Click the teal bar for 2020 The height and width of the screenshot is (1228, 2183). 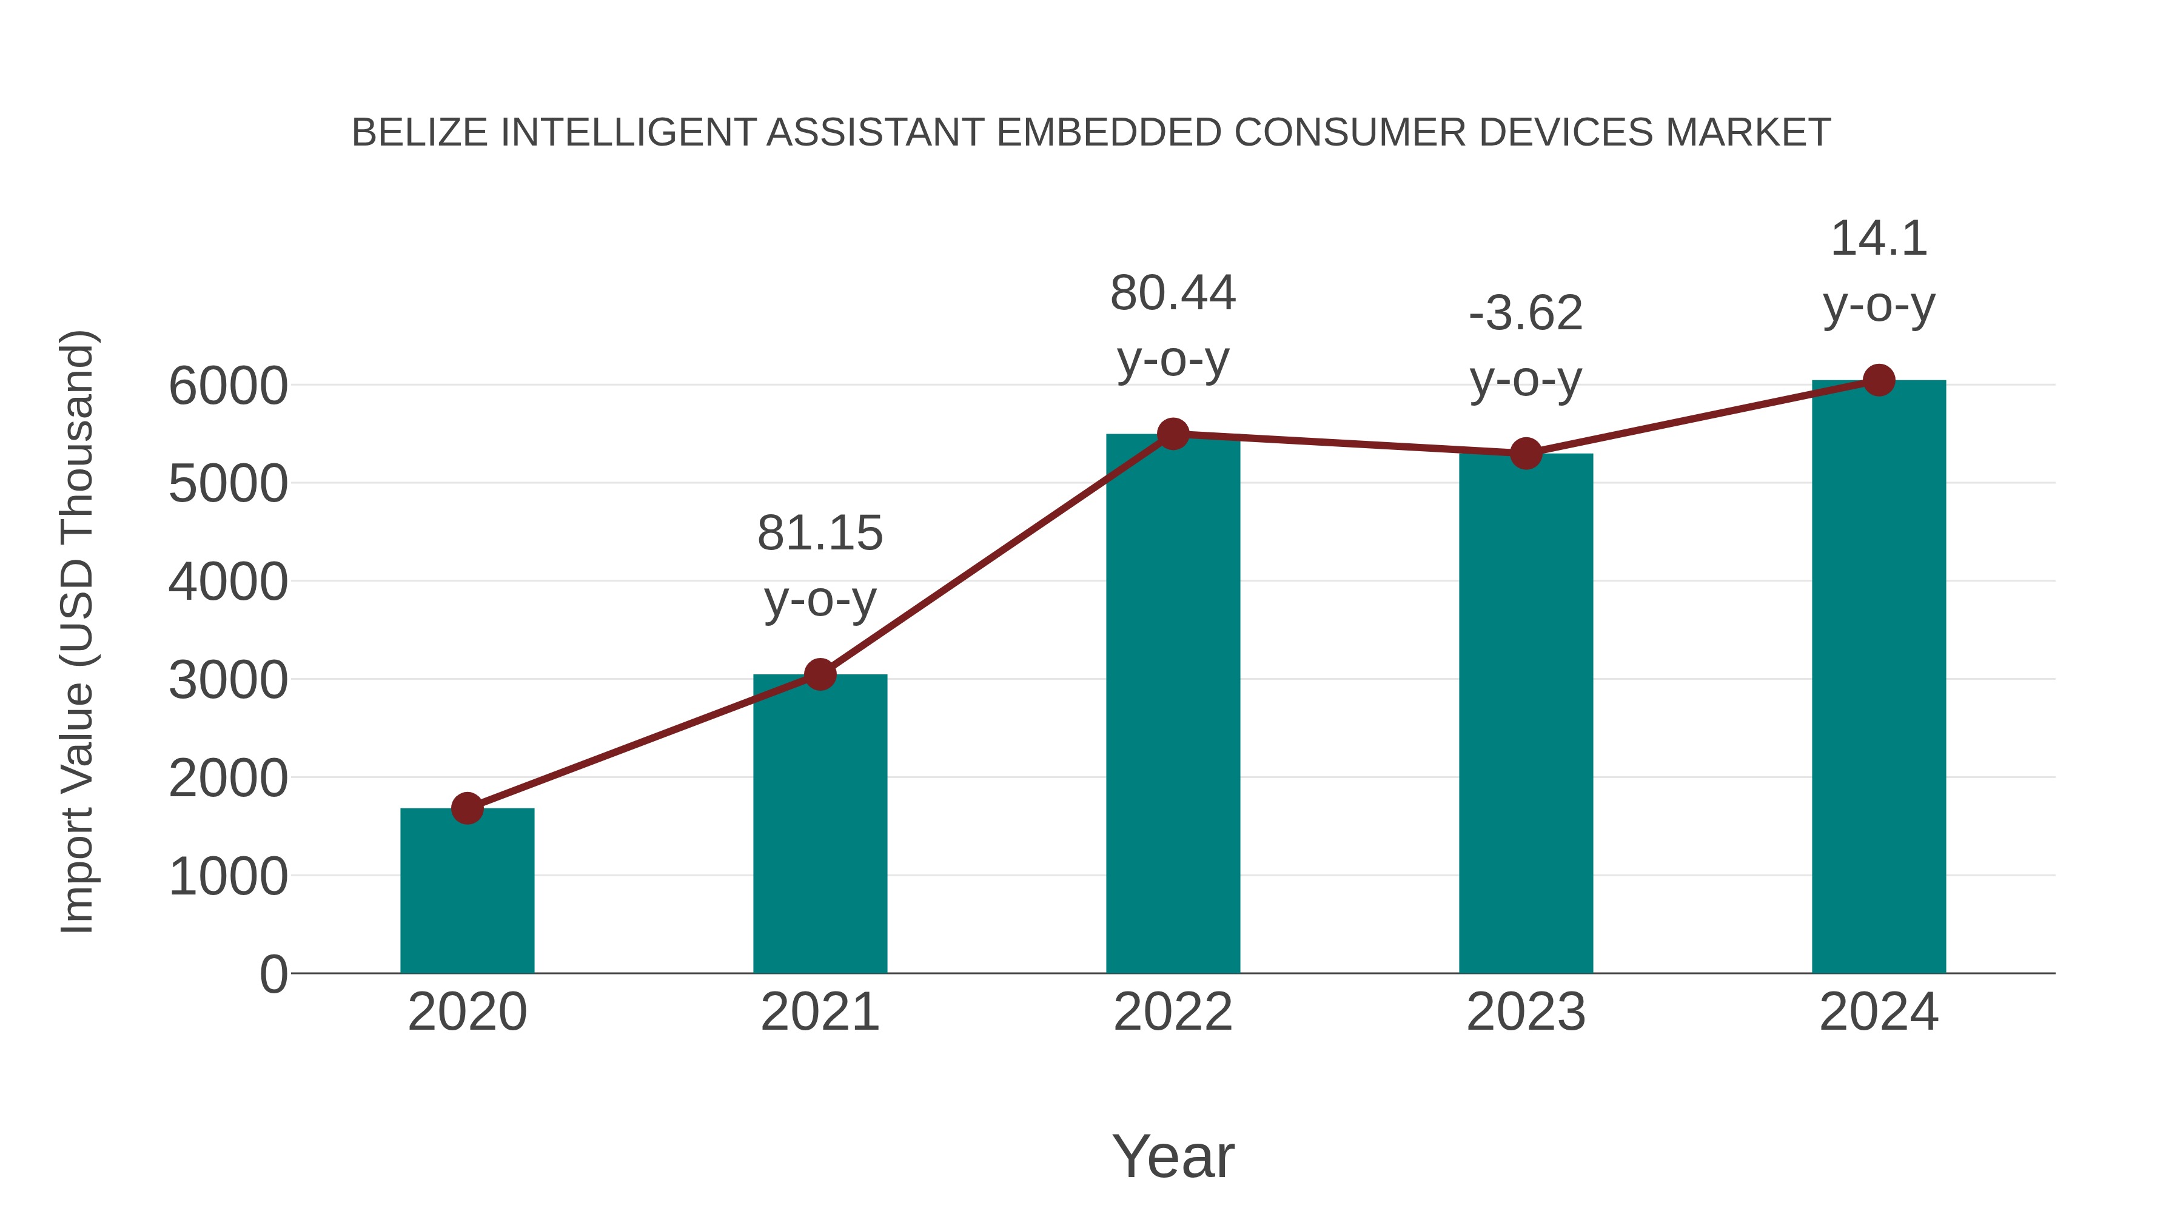[x=467, y=891]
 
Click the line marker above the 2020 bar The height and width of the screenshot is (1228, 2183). [x=467, y=808]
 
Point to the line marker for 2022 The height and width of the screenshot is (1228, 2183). [x=1173, y=434]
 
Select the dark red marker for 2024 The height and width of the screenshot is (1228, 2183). [x=1879, y=380]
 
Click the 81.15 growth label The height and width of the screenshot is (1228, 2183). [x=819, y=533]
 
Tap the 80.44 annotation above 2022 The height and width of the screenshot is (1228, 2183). [x=1173, y=294]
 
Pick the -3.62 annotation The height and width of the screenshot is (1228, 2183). [x=1526, y=314]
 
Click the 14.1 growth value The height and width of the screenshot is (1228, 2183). [x=1879, y=238]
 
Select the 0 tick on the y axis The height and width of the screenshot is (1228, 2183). [x=273, y=975]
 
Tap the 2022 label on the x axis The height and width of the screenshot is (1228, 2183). [x=1173, y=1012]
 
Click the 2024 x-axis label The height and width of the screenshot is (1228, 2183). [x=1879, y=1012]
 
